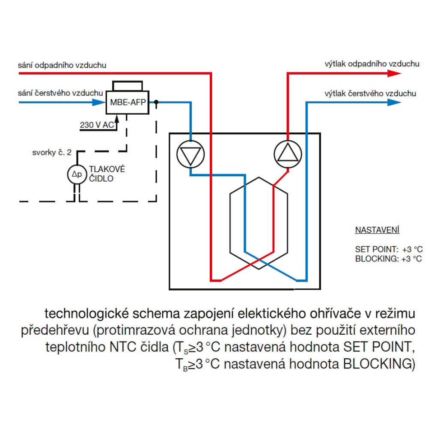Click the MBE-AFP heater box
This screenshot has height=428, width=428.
tap(127, 103)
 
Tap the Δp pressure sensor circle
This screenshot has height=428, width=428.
tap(77, 174)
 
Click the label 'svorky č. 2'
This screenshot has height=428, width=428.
tap(51, 152)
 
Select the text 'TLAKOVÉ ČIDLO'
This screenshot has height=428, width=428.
tap(107, 174)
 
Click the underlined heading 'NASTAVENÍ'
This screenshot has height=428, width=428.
tap(377, 230)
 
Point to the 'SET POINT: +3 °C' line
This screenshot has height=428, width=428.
tap(388, 249)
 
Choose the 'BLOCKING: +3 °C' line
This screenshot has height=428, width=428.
tap(388, 259)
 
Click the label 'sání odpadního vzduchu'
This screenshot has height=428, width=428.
tap(62, 65)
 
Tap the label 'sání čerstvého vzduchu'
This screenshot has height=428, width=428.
tap(60, 93)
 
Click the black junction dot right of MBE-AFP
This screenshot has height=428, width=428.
tap(156, 102)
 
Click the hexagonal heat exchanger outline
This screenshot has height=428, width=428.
tap(230, 223)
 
